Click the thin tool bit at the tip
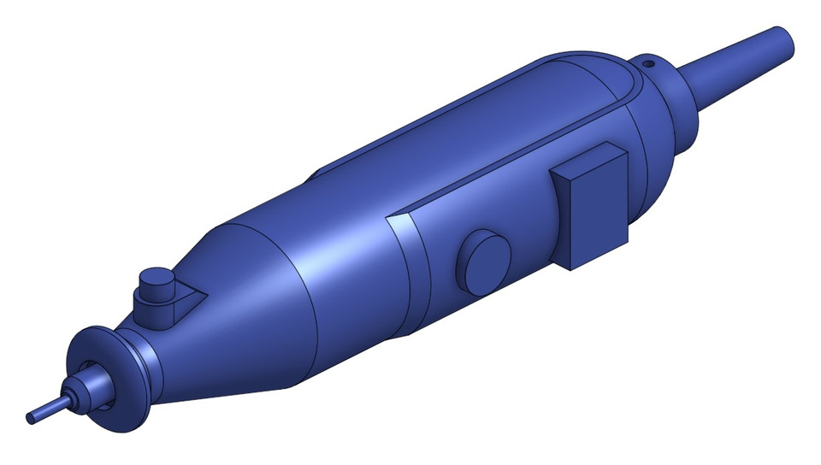coord(48,409)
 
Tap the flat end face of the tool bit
coord(31,418)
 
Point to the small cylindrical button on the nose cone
coord(155,282)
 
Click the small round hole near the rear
coord(648,62)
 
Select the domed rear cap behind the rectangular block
coord(659,162)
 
